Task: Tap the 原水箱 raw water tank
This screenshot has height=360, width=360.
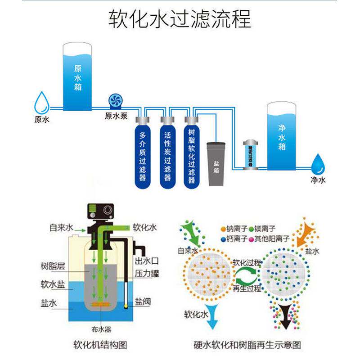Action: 77,76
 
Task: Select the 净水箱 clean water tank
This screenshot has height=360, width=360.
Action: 282,135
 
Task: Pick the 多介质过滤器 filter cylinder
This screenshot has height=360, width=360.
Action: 143,155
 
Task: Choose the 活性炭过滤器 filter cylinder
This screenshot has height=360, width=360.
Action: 167,155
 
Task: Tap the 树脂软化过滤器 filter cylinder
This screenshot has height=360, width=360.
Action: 191,155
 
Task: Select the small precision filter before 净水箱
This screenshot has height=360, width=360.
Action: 250,154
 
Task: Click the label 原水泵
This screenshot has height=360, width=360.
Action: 116,116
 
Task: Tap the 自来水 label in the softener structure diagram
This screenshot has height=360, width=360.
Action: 61,228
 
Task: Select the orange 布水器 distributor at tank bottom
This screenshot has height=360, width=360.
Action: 102,306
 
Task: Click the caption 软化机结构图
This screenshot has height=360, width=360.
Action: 100,346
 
